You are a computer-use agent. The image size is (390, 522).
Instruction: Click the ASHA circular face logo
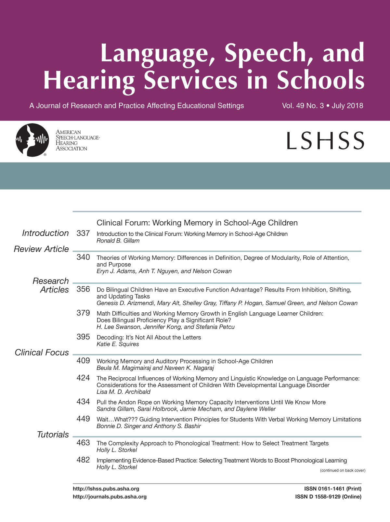32,140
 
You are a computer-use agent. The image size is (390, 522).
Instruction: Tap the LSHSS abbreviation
325,141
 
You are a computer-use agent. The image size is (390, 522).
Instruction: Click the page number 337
83,233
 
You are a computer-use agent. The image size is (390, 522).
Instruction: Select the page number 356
83,289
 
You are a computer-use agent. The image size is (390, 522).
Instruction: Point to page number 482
83,460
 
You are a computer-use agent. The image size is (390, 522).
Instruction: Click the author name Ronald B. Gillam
118,241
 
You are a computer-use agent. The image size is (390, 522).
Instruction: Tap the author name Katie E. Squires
118,344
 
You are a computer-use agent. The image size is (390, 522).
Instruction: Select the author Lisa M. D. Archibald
123,392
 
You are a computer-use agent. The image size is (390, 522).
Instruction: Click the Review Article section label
41,249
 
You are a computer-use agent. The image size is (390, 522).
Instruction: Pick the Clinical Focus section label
42,353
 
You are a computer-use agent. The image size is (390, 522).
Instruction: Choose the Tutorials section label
53,435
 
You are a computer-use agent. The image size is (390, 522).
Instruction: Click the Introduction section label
45,233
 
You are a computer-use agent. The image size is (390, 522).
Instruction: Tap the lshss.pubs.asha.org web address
106,489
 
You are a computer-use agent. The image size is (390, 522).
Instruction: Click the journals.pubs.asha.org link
110,497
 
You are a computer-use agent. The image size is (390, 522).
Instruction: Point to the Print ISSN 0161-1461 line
333,489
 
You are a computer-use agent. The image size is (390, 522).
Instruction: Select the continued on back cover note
343,470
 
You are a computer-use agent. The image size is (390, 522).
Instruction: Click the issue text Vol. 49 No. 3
303,106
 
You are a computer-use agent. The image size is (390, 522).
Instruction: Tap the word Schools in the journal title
320,80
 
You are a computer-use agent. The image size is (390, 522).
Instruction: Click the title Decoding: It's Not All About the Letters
149,337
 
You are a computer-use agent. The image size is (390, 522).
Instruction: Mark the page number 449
83,419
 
